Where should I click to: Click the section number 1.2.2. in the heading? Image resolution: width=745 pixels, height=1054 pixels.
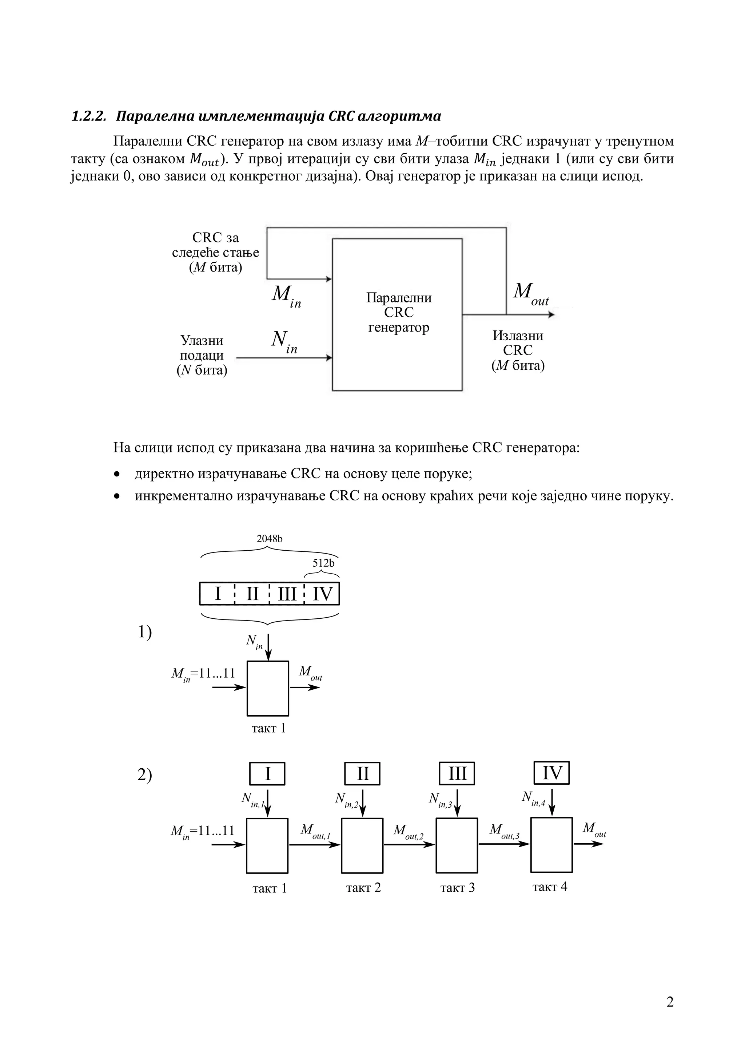click(88, 116)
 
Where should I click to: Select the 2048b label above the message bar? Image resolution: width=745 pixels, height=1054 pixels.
click(269, 539)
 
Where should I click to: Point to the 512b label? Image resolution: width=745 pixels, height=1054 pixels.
click(323, 563)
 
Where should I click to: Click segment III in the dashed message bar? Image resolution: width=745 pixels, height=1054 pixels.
click(287, 594)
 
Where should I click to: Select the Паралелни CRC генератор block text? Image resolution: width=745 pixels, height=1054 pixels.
click(398, 313)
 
